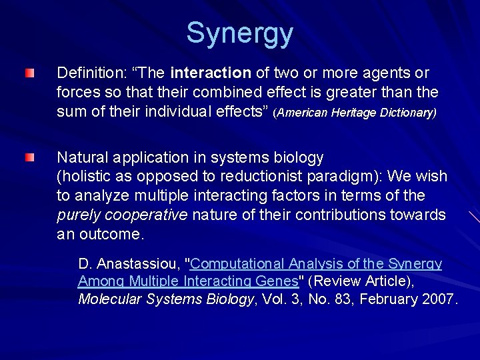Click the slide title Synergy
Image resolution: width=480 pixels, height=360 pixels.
(239, 33)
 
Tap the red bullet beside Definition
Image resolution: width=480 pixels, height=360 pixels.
(29, 72)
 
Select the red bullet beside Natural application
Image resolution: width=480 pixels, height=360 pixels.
(29, 157)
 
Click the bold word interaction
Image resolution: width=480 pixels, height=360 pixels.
(211, 72)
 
